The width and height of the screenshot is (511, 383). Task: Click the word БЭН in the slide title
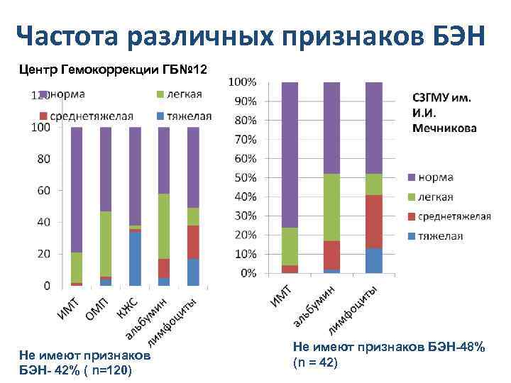click(x=446, y=35)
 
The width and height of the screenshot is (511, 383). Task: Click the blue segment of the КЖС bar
click(x=134, y=259)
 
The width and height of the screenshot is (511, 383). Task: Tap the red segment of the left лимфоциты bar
click(x=192, y=242)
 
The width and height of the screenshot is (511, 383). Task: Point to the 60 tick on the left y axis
click(x=42, y=190)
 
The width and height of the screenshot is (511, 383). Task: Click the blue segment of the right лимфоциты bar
click(x=373, y=260)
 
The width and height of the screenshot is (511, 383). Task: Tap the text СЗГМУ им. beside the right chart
click(x=441, y=99)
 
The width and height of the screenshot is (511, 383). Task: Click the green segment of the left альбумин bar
click(x=163, y=226)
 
